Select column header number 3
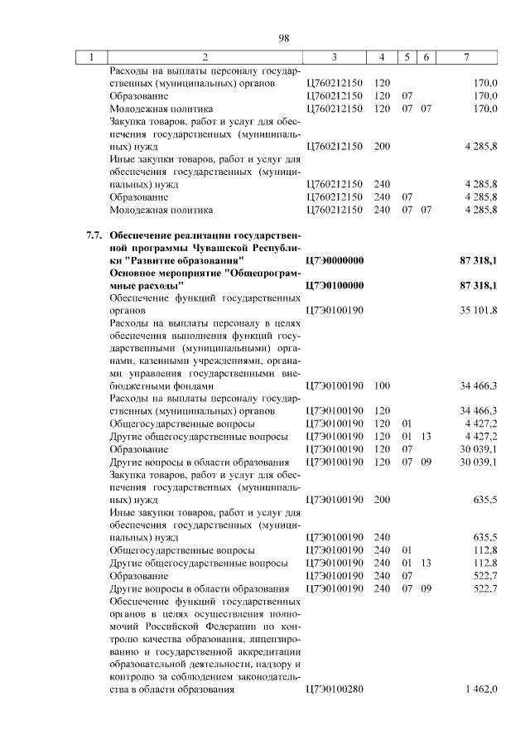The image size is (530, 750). point(334,57)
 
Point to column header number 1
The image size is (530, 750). point(91,57)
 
